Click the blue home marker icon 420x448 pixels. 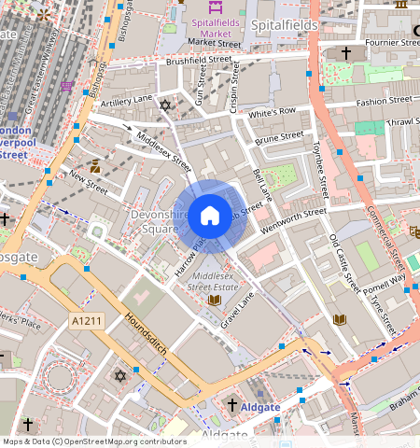click(x=210, y=215)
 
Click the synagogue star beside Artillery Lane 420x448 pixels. click(x=166, y=105)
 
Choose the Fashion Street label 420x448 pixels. click(x=383, y=100)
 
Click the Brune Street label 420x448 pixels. click(x=279, y=137)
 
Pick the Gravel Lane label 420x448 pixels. click(x=238, y=312)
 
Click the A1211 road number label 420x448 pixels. click(x=85, y=320)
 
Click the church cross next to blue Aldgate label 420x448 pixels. click(x=232, y=405)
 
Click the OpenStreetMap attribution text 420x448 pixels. click(x=93, y=441)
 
